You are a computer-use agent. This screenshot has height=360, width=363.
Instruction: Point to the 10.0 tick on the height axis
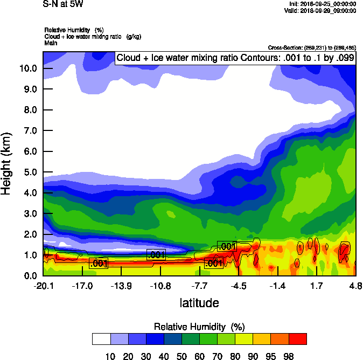[28, 68]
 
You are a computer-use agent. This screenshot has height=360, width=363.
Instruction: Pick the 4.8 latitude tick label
[355, 285]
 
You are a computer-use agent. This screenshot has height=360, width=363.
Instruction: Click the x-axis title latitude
[199, 303]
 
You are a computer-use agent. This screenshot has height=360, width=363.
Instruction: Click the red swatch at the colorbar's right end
[298, 338]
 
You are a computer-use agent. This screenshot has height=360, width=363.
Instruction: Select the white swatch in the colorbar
[101, 338]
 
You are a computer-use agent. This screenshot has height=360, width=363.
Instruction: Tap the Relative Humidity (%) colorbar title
[199, 327]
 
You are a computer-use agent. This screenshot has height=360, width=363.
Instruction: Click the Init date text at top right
[324, 4]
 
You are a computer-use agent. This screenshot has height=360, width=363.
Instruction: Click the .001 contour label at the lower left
[99, 264]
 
